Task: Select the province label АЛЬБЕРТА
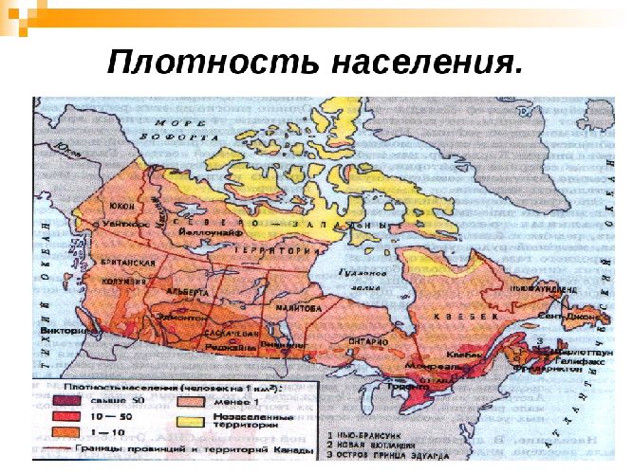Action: pos(187,293)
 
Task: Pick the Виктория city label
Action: pos(75,333)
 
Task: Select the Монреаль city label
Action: pos(425,365)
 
